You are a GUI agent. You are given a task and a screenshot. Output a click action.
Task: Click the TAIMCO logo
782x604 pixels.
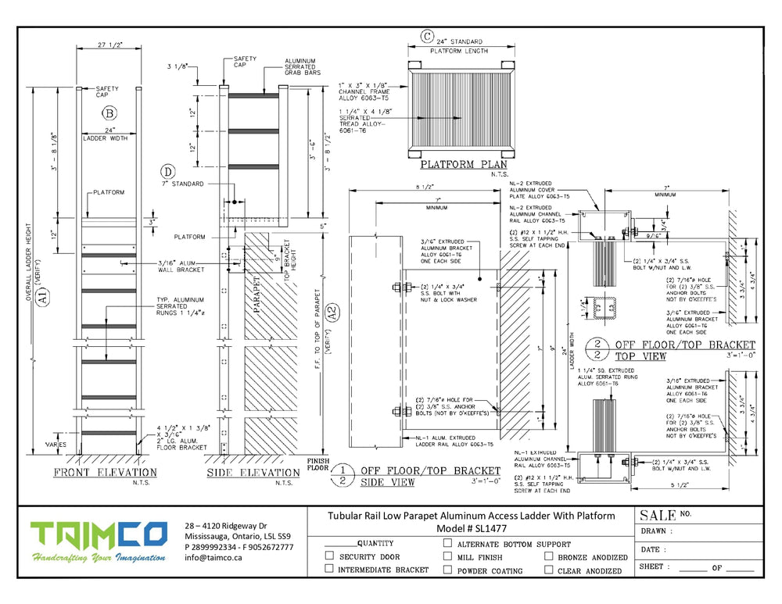point(99,535)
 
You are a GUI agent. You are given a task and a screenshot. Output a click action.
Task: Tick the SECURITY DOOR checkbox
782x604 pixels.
point(329,556)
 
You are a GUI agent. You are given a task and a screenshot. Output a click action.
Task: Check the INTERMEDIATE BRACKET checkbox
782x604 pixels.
point(329,570)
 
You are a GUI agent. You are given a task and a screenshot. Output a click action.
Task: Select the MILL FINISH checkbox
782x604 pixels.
point(447,556)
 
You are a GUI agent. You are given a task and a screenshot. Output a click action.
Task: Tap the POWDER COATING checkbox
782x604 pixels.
point(447,570)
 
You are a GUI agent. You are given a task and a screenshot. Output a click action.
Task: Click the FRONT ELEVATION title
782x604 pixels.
point(105,473)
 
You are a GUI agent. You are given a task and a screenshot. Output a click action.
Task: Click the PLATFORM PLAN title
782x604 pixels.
point(464,165)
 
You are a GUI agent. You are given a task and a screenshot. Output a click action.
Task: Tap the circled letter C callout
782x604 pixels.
point(427,36)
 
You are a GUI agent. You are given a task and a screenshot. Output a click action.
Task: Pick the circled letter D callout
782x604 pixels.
point(167,170)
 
